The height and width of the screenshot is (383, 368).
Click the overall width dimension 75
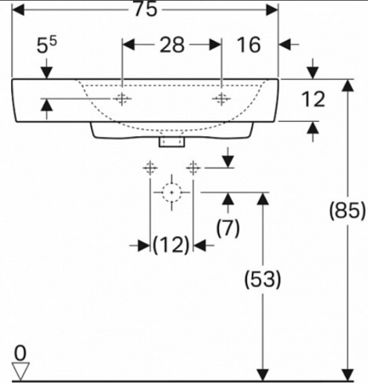click(145, 9)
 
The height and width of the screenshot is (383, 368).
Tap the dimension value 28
click(172, 45)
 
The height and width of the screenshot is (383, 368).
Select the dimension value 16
click(249, 45)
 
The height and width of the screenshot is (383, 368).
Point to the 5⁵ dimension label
click(47, 45)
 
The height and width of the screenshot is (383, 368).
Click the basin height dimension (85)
click(348, 211)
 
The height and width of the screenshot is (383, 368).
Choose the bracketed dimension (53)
click(262, 279)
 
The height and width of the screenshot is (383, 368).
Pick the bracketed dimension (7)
click(228, 228)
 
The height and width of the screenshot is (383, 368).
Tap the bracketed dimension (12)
click(171, 245)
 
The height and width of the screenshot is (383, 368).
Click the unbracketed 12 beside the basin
click(313, 100)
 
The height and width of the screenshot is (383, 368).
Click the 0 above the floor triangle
click(20, 353)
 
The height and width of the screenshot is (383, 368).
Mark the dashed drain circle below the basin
click(172, 184)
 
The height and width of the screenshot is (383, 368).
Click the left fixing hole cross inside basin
click(122, 99)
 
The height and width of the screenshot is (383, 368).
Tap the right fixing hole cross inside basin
click(221, 99)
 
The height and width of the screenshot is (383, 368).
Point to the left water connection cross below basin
click(150, 168)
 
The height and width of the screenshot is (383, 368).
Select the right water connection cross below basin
click(193, 168)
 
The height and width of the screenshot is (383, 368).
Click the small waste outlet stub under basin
click(172, 141)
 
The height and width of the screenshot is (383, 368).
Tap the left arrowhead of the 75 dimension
click(18, 10)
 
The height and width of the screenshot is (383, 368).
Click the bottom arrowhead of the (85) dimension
click(348, 374)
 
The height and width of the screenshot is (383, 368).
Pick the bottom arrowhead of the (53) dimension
click(262, 374)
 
